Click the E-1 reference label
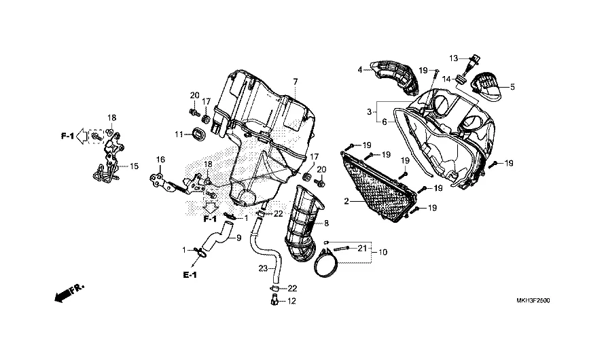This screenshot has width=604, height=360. (189, 274)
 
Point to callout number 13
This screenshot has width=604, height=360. (453, 58)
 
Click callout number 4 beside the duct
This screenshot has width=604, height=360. (360, 69)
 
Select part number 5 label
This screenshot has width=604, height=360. (512, 87)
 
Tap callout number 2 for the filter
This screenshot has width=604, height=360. (347, 202)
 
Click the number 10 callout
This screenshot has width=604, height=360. (383, 252)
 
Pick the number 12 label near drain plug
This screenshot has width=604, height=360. (292, 301)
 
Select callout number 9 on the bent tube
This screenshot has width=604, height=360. (238, 238)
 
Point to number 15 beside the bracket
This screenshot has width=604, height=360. (133, 165)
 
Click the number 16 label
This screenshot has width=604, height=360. (161, 160)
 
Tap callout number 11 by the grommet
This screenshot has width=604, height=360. (179, 134)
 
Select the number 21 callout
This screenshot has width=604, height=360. (361, 247)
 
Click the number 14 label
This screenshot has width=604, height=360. (448, 79)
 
